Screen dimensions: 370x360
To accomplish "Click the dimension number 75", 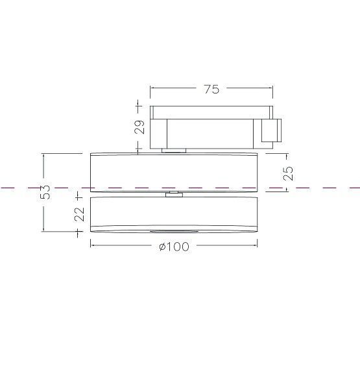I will click(211, 90).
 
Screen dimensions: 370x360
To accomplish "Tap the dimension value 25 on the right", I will click(289, 172).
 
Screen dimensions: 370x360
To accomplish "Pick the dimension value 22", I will click(79, 214).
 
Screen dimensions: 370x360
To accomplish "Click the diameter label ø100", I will click(174, 247).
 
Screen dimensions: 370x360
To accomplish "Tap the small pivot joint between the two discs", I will click(173, 193).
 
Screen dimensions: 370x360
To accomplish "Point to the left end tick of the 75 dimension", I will click(150, 90).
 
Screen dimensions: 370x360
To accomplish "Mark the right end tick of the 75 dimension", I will click(271, 90).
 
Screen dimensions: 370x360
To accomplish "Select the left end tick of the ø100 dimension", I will click(90, 245).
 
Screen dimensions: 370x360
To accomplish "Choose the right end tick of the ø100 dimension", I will click(258, 245).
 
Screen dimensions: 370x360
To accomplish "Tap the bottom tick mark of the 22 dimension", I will click(79, 232).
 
